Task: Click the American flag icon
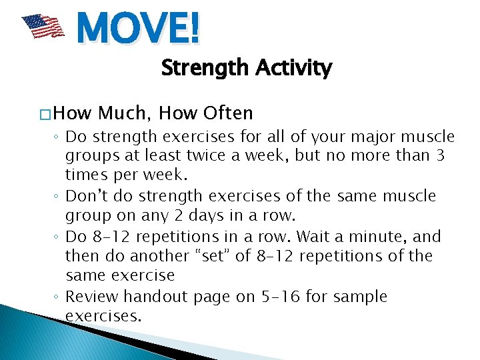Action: tap(43, 27)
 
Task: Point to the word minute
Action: tap(377, 237)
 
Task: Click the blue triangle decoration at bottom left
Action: tap(40, 333)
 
